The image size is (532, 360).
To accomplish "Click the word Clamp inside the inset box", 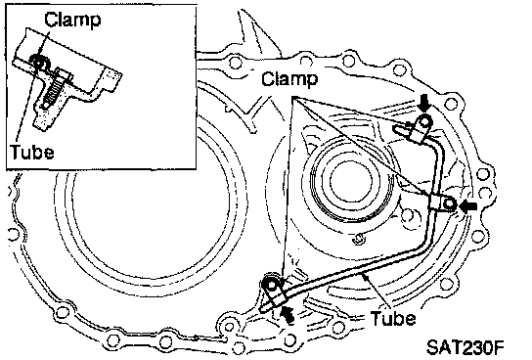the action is [72, 20].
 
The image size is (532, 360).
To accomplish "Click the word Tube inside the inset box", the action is [32, 152].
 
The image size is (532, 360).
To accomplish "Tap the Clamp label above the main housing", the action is [289, 78].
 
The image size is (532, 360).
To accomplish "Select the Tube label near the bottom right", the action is [393, 318].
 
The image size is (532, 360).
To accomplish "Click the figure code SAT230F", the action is [465, 346].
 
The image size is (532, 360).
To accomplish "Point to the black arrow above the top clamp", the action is [424, 104].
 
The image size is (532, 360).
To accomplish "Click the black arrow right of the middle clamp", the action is [468, 206].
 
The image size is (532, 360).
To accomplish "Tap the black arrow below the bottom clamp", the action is [288, 313].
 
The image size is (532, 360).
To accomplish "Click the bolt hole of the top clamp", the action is [424, 122].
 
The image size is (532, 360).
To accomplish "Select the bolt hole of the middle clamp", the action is [450, 203].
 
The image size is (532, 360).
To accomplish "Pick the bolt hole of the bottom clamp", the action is [272, 286].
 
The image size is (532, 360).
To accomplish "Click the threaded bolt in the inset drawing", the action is [54, 92].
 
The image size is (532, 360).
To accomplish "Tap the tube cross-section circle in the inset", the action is [39, 62].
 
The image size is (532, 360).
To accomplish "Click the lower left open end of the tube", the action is [263, 308].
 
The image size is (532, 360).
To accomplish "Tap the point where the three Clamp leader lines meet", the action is [292, 98].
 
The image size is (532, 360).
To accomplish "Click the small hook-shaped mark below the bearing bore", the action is [357, 239].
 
